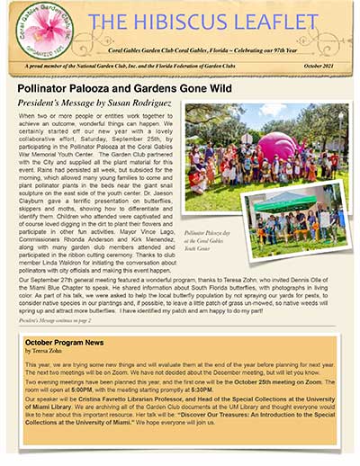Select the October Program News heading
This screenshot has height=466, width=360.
[x=65, y=344]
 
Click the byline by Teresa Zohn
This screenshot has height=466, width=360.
[x=43, y=353]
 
